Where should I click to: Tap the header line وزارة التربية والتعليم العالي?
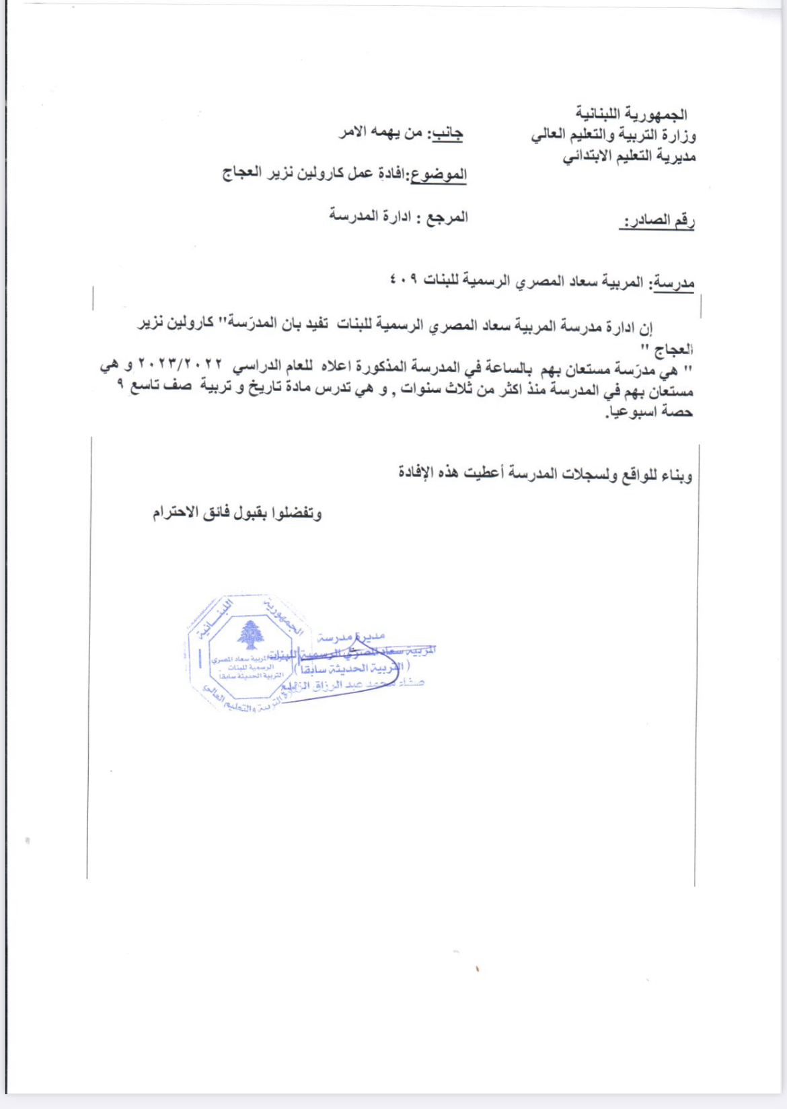point(613,135)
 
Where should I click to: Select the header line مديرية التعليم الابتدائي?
point(629,157)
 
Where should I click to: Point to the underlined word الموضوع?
point(439,175)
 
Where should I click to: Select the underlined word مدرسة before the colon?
point(674,283)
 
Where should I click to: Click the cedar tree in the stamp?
point(251,633)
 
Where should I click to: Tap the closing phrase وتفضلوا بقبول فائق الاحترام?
point(237,513)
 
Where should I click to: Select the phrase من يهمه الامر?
point(381,132)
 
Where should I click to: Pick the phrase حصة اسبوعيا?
point(649,411)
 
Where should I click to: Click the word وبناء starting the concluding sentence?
point(675,476)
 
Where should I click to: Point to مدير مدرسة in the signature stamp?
point(350,636)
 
